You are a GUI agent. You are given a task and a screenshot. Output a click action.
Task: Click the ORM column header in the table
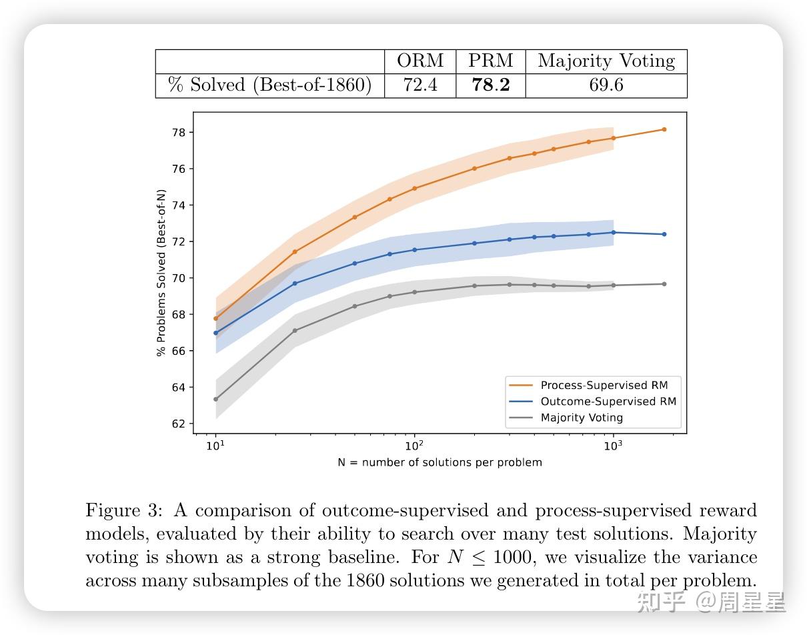point(420,61)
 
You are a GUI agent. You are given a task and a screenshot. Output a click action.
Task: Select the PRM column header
point(491,61)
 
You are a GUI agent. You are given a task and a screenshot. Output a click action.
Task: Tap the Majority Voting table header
point(606,61)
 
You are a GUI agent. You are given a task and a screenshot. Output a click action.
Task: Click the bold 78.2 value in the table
point(491,85)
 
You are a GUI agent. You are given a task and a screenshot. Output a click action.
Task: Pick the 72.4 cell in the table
point(420,85)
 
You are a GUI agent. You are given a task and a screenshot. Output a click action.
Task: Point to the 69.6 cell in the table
point(606,85)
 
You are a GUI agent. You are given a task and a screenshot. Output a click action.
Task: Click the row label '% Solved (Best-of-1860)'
point(269,85)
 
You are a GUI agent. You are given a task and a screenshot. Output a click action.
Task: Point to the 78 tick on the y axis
point(177,132)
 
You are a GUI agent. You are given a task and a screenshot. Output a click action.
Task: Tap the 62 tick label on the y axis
point(177,424)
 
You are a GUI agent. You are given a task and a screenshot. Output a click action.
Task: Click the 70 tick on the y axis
point(177,278)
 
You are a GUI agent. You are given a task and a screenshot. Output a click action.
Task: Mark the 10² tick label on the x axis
point(414,446)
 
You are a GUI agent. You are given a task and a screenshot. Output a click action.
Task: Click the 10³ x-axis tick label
point(613,446)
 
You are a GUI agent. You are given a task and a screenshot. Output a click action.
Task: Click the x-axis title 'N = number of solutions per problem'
point(440,462)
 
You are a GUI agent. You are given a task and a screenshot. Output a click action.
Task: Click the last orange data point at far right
point(664,129)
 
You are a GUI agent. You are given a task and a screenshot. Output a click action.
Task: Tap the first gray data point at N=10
point(215,399)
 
